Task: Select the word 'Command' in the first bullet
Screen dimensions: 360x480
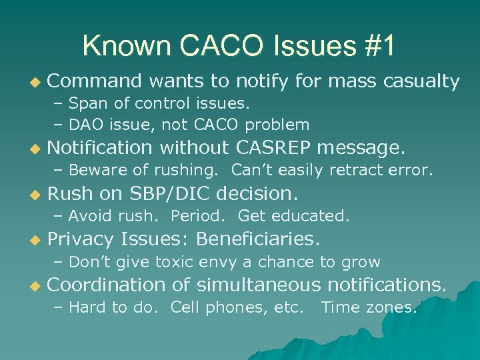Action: [95, 81]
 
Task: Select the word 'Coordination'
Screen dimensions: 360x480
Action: [107, 285]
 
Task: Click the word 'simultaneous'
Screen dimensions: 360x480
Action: [256, 285]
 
